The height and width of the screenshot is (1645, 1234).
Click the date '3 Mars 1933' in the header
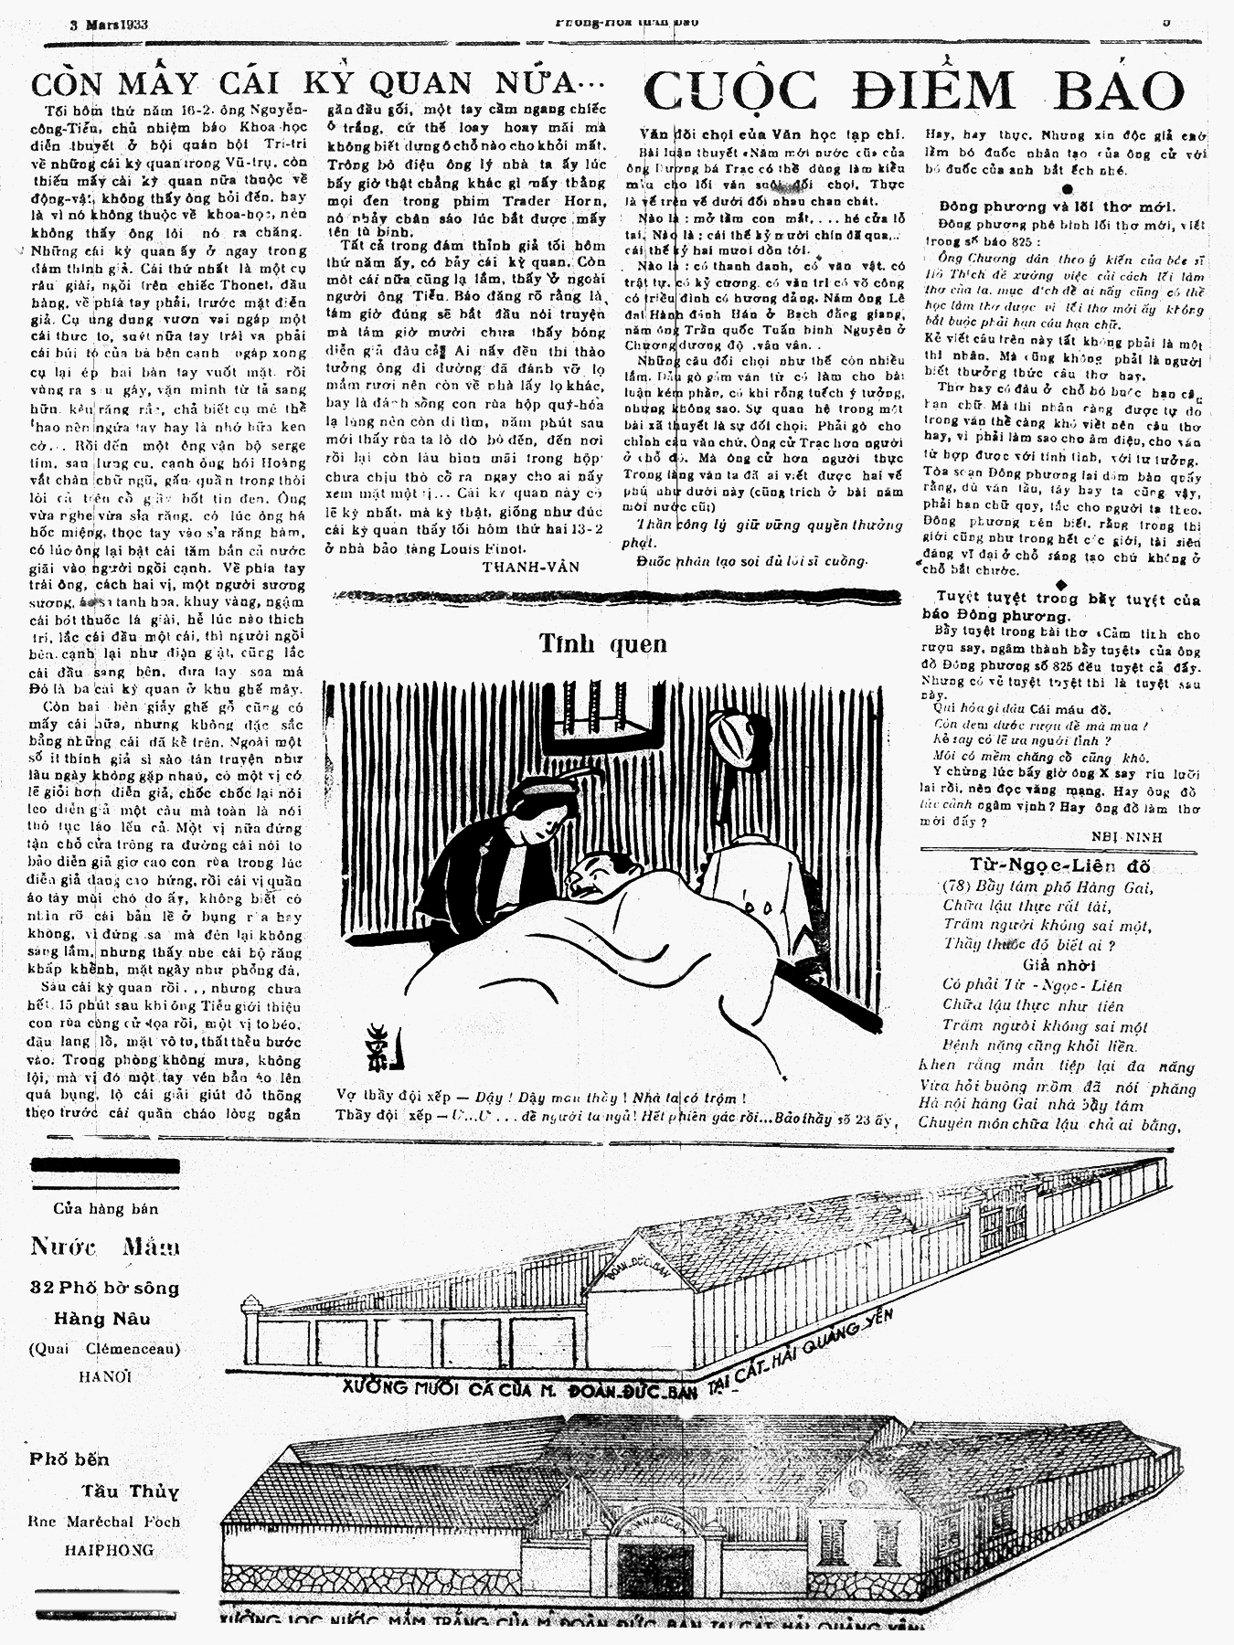[x=110, y=25]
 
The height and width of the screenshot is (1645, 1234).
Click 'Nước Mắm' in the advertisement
[x=104, y=1247]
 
